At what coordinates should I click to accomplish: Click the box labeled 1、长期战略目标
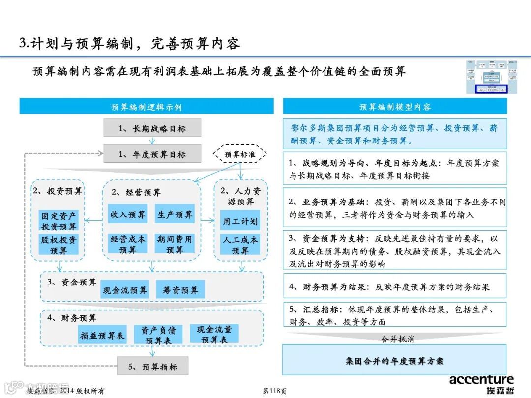pyautogui.click(x=152, y=129)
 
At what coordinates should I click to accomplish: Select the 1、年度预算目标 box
pyautogui.click(x=152, y=154)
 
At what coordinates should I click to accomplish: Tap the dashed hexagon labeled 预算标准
pyautogui.click(x=240, y=154)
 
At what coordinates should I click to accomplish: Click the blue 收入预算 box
pyautogui.click(x=128, y=215)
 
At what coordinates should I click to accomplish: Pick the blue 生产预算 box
pyautogui.click(x=175, y=215)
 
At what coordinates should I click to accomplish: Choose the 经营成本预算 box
pyautogui.click(x=128, y=244)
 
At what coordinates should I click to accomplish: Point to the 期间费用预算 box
pyautogui.click(x=175, y=244)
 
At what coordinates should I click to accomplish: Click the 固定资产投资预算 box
pyautogui.click(x=59, y=221)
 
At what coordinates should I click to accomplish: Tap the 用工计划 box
pyautogui.click(x=240, y=221)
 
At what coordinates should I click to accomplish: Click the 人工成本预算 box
pyautogui.click(x=240, y=245)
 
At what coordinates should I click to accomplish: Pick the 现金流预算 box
pyautogui.click(x=125, y=290)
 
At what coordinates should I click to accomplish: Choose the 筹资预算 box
pyautogui.click(x=180, y=290)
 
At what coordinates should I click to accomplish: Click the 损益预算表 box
pyautogui.click(x=103, y=336)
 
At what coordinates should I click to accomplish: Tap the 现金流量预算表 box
pyautogui.click(x=214, y=334)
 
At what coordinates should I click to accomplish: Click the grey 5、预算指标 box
pyautogui.click(x=152, y=367)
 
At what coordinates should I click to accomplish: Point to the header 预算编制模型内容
pyautogui.click(x=395, y=107)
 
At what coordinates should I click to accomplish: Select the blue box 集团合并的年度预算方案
pyautogui.click(x=394, y=360)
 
